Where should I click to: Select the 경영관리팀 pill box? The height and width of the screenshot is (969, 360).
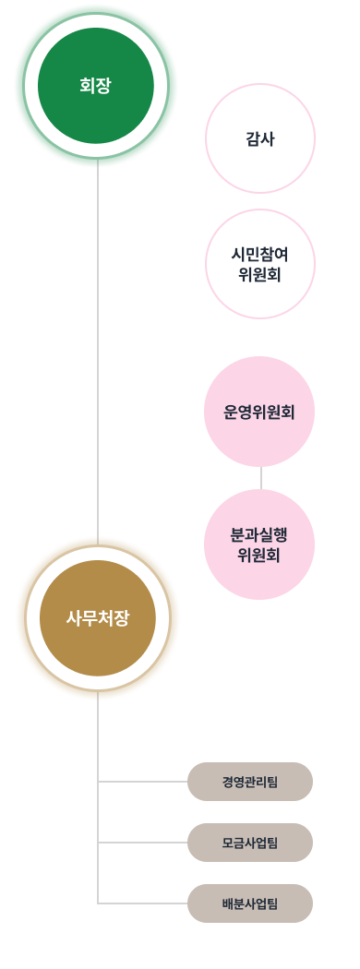(250, 782)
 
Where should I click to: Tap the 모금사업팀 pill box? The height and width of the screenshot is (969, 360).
(250, 843)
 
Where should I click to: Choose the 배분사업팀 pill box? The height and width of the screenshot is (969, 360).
(250, 903)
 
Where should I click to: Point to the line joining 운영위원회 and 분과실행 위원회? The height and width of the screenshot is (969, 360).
(261, 478)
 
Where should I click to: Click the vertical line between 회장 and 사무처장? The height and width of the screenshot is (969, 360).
(98, 351)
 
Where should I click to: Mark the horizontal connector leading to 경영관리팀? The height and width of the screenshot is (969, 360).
(143, 782)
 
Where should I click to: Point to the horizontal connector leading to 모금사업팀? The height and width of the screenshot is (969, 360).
(143, 843)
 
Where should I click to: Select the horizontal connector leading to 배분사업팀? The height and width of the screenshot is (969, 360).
(143, 903)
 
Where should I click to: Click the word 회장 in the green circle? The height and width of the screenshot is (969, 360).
(96, 86)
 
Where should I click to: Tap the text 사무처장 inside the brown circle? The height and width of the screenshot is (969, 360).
(98, 618)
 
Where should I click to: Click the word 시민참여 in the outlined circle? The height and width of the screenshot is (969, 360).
(260, 254)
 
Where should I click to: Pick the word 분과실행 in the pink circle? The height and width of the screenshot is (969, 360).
(259, 535)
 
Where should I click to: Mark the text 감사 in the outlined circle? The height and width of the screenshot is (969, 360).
(260, 139)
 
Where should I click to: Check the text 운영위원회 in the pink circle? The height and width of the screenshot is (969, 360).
(259, 412)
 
